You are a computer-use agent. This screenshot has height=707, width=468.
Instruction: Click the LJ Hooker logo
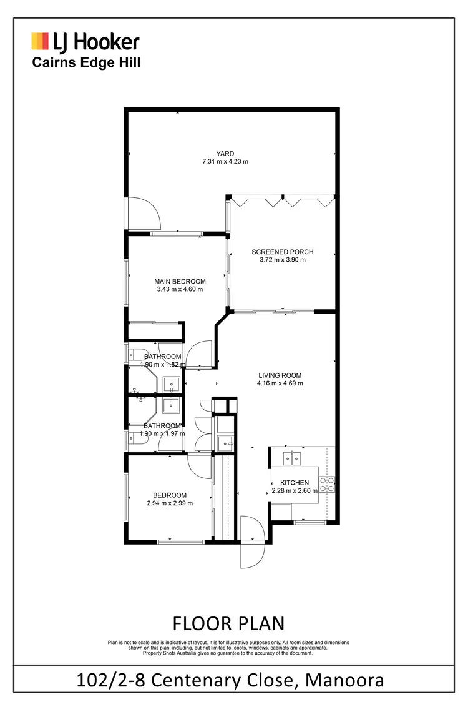pyautogui.click(x=85, y=42)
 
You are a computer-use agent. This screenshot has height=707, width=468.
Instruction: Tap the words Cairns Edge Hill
pyautogui.click(x=86, y=62)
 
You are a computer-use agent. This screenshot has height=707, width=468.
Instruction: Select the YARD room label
pyautogui.click(x=225, y=153)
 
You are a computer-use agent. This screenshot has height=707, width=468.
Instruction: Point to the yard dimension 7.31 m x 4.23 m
pyautogui.click(x=225, y=162)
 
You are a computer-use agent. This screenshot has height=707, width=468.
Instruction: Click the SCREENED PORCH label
pyautogui.click(x=282, y=252)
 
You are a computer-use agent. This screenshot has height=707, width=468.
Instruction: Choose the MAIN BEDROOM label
pyautogui.click(x=180, y=281)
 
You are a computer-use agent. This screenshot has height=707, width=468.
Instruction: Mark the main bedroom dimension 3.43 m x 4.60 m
pyautogui.click(x=180, y=289)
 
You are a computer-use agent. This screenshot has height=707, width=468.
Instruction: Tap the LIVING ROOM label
pyautogui.click(x=280, y=375)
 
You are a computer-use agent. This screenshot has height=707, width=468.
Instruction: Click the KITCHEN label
pyautogui.click(x=295, y=483)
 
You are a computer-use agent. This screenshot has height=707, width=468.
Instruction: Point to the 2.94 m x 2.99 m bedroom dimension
pyautogui.click(x=170, y=503)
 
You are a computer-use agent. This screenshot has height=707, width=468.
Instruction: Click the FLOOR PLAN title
pyautogui.click(x=228, y=623)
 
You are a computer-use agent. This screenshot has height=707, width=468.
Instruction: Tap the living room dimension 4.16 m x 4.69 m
pyautogui.click(x=280, y=383)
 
